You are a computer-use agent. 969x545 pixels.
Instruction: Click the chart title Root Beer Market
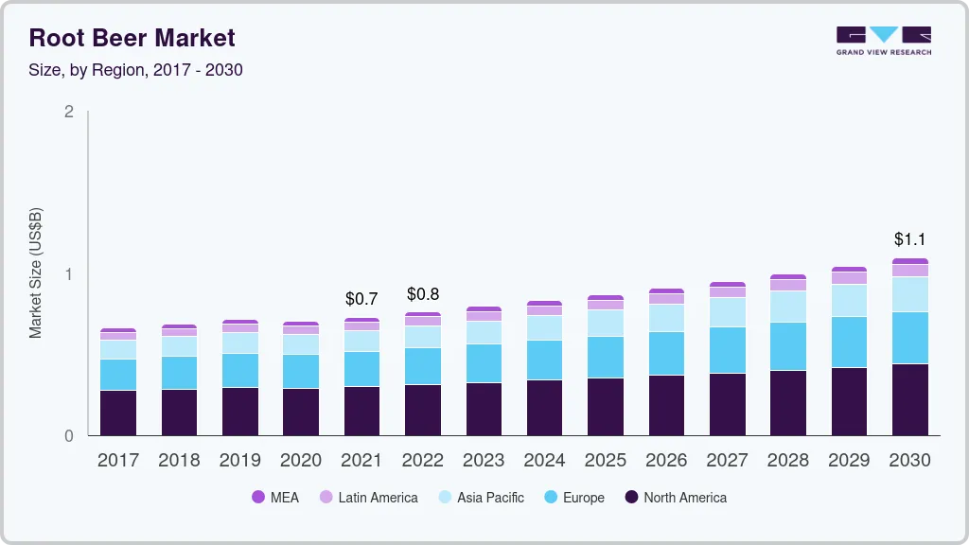pyautogui.click(x=132, y=38)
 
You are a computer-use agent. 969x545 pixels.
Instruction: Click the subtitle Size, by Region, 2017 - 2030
pyautogui.click(x=136, y=70)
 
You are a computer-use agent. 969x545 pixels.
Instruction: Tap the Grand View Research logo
pyautogui.click(x=883, y=40)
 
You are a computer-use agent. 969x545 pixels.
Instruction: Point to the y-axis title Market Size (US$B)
pyautogui.click(x=35, y=272)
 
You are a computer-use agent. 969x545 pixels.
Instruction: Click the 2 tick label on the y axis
pyautogui.click(x=68, y=112)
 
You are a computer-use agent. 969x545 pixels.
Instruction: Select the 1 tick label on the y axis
pyautogui.click(x=68, y=274)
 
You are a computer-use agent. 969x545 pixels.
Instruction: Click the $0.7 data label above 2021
pyautogui.click(x=361, y=299)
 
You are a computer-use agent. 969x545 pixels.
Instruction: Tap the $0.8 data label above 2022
pyautogui.click(x=422, y=294)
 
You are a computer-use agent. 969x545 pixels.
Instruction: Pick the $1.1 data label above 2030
pyautogui.click(x=909, y=239)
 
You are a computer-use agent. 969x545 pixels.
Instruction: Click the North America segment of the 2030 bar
pyautogui.click(x=909, y=399)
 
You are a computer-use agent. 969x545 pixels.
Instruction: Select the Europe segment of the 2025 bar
pyautogui.click(x=606, y=357)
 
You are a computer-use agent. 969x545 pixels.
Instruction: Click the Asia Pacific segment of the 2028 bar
pyautogui.click(x=788, y=307)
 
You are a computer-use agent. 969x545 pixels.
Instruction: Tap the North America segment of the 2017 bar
pyautogui.click(x=118, y=413)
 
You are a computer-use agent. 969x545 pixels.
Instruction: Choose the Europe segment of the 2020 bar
pyautogui.click(x=301, y=371)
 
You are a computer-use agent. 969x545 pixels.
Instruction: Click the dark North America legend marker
pyautogui.click(x=631, y=498)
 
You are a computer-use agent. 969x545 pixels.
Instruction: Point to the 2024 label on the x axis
pyautogui.click(x=544, y=461)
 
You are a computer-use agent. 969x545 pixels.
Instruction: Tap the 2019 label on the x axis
pyautogui.click(x=239, y=461)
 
